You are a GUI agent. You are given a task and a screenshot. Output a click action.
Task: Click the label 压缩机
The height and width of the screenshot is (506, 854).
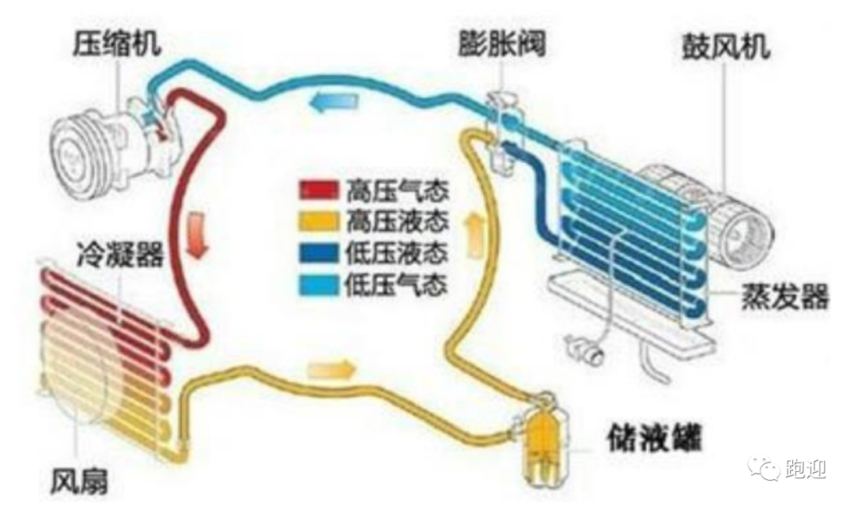[x=117, y=43]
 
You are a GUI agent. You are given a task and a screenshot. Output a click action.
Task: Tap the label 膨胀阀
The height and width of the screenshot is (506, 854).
[x=501, y=43]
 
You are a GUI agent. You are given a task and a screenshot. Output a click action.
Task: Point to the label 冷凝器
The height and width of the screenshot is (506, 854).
[x=120, y=254]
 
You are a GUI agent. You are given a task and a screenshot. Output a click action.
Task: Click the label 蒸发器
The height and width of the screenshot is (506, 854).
[x=784, y=296]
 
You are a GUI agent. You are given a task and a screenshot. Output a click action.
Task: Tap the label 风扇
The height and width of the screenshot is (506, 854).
[x=79, y=481]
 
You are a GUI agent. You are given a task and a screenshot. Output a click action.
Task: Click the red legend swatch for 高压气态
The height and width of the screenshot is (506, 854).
[x=319, y=190]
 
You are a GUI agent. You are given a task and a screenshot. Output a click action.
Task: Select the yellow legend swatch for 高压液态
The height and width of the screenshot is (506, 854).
[x=319, y=221]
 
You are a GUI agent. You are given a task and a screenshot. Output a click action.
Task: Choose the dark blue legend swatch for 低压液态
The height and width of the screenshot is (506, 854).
[x=319, y=253]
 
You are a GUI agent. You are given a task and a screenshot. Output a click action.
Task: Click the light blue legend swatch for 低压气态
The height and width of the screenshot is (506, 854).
[x=319, y=285]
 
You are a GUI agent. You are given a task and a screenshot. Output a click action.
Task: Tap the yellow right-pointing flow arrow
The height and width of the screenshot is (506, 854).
[x=331, y=370]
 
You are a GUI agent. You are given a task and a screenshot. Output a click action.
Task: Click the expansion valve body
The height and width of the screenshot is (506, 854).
[x=504, y=130]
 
